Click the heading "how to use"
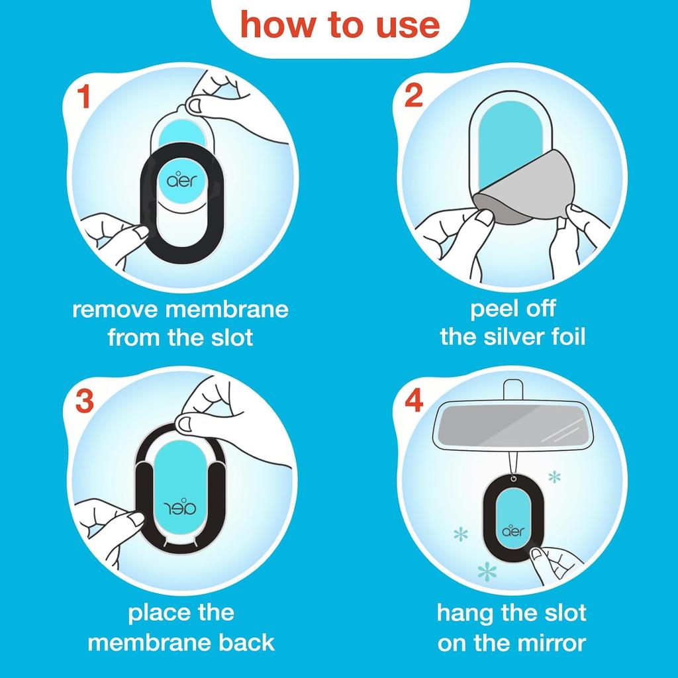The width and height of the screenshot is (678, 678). point(340,24)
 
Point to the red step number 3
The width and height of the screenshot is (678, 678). point(85,402)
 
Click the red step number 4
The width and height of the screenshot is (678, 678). point(414,402)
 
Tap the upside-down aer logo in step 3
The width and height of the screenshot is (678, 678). point(181,508)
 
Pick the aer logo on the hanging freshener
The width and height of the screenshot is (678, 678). point(514,531)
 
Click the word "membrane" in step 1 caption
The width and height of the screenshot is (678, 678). point(227,309)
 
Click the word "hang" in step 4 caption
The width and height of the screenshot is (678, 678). point(464,613)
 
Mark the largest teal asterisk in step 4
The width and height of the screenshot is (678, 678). point(487,571)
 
